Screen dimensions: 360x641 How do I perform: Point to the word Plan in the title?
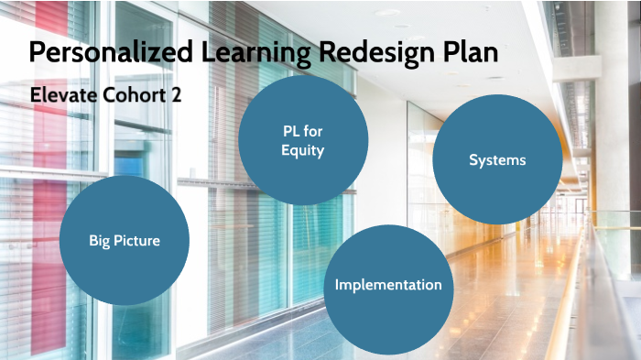470,52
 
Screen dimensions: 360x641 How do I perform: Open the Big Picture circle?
125,241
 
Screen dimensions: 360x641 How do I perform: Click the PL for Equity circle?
303,140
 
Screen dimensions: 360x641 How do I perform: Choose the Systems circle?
497,160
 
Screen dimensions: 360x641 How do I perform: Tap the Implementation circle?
388,286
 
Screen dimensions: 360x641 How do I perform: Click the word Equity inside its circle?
303,150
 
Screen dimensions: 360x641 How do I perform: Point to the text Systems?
497,160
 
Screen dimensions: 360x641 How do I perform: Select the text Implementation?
388,285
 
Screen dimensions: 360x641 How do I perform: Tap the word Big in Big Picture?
100,241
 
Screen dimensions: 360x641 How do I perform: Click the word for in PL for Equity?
313,132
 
